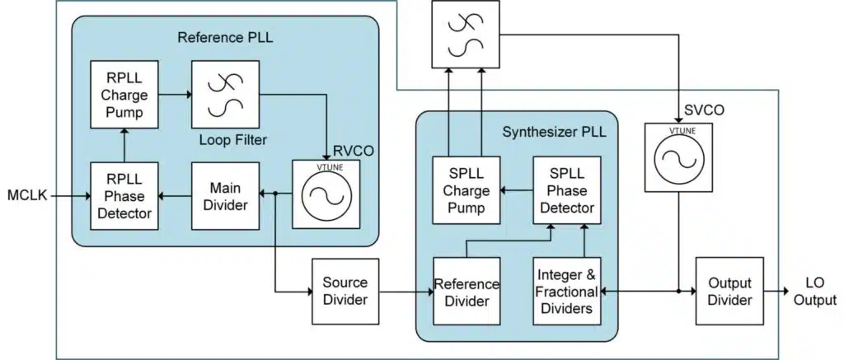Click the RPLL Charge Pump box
click(122, 95)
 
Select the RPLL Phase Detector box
click(122, 196)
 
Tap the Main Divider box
click(224, 196)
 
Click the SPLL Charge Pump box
click(467, 190)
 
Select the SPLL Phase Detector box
click(566, 190)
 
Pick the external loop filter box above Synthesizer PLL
click(467, 35)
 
